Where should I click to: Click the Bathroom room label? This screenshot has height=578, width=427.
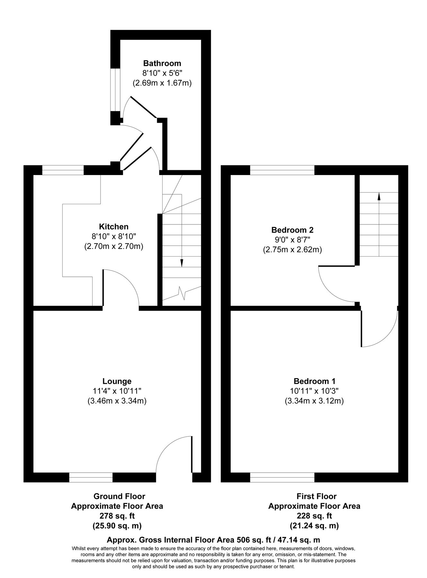coord(162,63)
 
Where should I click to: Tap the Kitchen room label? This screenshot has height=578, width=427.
coord(113,227)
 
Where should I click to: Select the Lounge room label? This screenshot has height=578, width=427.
coord(117,381)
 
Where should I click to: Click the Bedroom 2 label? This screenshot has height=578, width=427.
coord(292,230)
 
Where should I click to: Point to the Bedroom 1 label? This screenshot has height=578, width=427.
coord(314,381)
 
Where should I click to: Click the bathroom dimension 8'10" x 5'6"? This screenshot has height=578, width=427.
coord(162,73)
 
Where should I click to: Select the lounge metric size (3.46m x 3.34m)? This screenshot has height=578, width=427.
coord(117,401)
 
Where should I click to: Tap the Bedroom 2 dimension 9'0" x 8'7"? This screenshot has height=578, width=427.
coord(292,240)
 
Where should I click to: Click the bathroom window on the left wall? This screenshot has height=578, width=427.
coord(115,90)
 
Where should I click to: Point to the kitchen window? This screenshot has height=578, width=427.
coord(63,170)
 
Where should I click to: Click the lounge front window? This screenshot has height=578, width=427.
coord(91,477)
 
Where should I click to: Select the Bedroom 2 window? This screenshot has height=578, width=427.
coord(282,170)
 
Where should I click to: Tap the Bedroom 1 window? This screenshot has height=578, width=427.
coord(282,477)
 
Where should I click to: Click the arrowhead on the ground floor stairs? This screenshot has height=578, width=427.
coord(182,263)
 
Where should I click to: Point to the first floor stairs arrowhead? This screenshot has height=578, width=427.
coord(379,196)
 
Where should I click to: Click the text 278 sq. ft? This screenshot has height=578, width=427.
coord(117,516)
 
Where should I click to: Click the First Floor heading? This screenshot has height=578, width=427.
coord(314,496)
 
